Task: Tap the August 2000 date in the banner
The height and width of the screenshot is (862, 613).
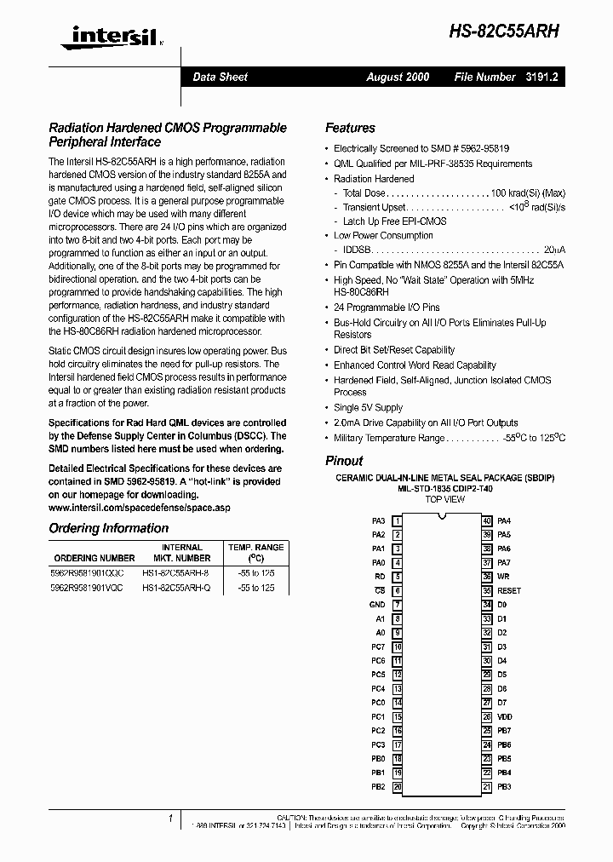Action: (398, 77)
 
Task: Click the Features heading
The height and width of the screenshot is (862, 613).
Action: (350, 128)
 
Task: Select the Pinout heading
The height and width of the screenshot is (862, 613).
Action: (344, 460)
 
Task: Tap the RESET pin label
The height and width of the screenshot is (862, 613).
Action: (509, 590)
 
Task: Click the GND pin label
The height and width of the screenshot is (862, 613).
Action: (377, 605)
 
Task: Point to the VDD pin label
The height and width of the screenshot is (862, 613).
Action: (505, 717)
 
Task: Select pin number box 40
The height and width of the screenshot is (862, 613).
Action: (486, 520)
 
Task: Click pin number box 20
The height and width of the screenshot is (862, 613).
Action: (398, 787)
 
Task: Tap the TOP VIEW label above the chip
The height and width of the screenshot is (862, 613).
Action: (444, 499)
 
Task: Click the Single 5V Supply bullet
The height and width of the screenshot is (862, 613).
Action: (368, 408)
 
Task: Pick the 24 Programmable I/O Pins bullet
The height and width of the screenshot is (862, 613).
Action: (387, 307)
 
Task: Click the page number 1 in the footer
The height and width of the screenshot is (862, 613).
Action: (170, 819)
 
